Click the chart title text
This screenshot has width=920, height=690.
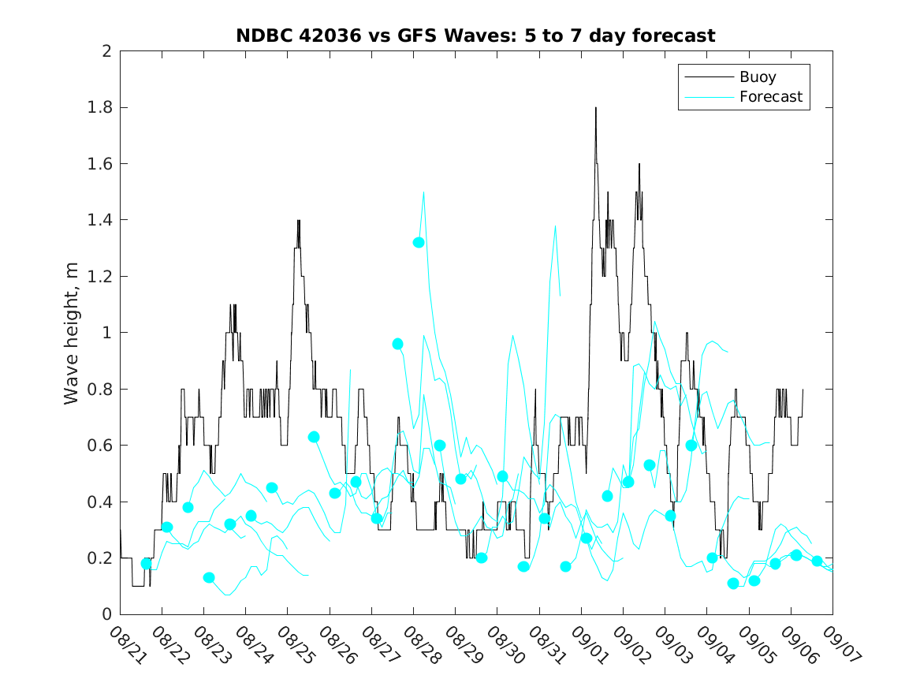475,35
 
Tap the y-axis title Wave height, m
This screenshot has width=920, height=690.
72,333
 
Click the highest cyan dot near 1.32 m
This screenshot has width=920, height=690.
419,242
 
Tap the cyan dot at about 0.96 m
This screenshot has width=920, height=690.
398,344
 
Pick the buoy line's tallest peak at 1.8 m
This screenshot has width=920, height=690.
596,108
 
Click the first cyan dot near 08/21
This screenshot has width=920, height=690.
147,563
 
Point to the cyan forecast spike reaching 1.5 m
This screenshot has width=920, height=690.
424,192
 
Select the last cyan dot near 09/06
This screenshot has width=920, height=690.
818,561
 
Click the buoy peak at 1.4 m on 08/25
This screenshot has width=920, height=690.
299,221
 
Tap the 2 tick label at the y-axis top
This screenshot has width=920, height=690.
106,51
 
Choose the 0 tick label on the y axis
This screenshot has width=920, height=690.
106,614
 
